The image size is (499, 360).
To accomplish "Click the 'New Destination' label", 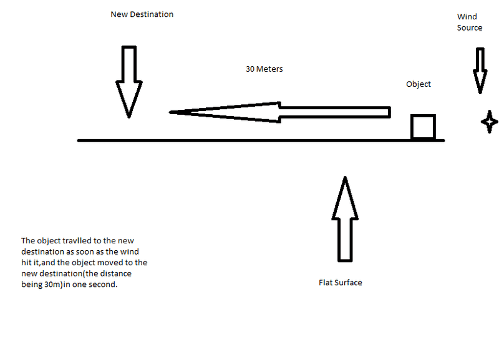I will [142, 14].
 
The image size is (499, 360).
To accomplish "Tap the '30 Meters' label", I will [264, 69].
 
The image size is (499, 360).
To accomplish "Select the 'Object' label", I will [418, 84].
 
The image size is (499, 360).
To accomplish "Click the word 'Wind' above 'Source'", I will [467, 17].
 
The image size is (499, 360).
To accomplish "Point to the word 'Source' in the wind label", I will [469, 27].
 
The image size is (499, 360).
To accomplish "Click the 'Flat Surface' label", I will [340, 283].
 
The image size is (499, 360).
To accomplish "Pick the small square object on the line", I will [422, 127].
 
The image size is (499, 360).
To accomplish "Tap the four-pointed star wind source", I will [489, 121].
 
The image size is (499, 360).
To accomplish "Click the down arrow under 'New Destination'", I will [128, 81].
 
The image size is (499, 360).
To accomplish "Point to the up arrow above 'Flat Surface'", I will [344, 218].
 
